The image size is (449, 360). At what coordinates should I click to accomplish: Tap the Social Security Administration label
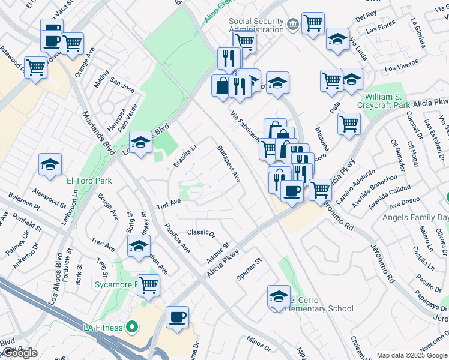click(256, 25)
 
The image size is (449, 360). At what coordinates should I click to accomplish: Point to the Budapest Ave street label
click(229, 164)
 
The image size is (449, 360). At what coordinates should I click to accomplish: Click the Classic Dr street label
click(201, 232)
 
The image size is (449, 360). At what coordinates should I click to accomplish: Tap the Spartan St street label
click(250, 269)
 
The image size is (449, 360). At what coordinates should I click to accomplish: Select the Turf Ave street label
click(169, 204)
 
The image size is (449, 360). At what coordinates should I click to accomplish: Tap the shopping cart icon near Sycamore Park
click(148, 285)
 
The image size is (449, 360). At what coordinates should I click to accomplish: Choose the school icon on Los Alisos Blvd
click(140, 143)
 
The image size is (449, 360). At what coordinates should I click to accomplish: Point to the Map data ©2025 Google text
click(412, 355)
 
